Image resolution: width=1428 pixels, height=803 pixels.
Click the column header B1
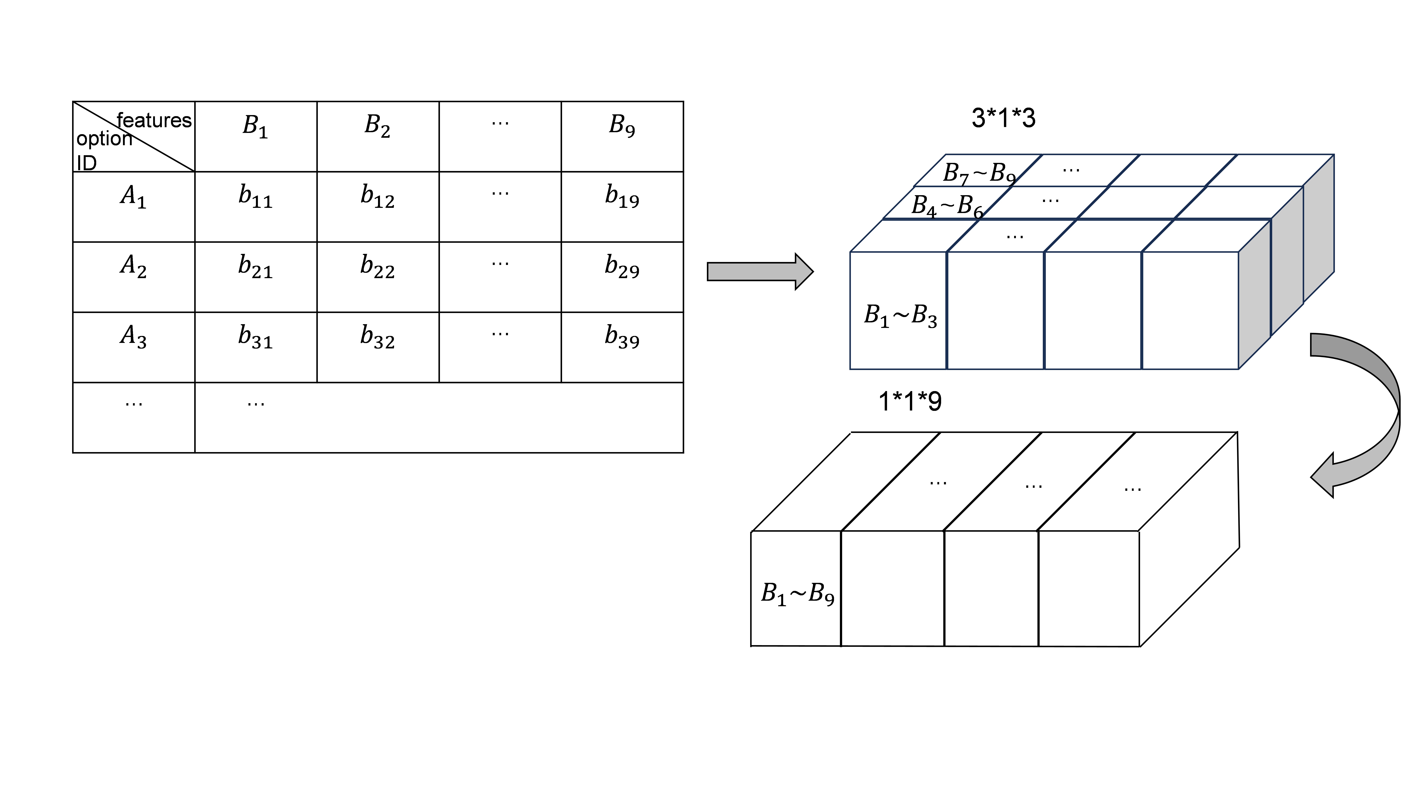pos(255,126)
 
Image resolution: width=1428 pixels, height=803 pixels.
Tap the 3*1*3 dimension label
pos(1003,118)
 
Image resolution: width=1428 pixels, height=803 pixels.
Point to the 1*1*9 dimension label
pos(910,401)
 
